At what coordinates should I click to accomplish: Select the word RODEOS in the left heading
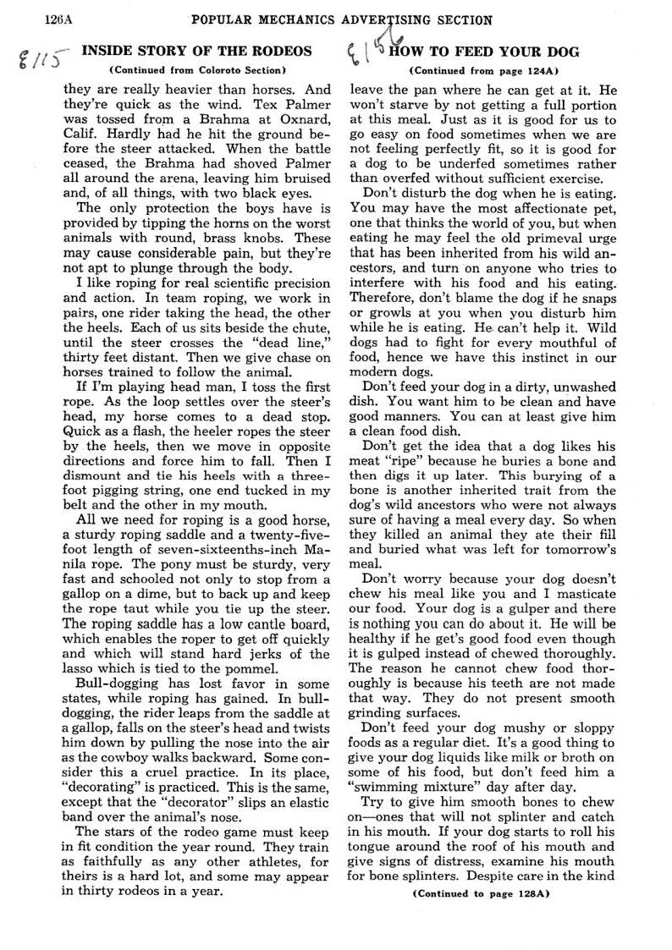point(280,51)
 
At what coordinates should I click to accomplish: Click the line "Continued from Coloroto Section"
point(197,69)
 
